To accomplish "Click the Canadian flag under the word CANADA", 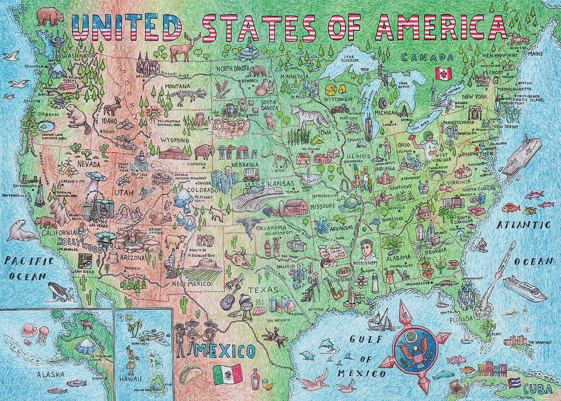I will pyautogui.click(x=443, y=73).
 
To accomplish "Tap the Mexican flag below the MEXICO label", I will pyautogui.click(x=228, y=374).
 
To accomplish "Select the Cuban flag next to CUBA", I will pyautogui.click(x=515, y=383).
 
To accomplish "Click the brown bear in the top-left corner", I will pyautogui.click(x=50, y=16).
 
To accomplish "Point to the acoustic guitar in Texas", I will pyautogui.click(x=227, y=299).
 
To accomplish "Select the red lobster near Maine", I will pyautogui.click(x=520, y=39).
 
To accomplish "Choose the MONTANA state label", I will pyautogui.click(x=177, y=87).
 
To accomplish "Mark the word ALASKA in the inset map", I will pyautogui.click(x=51, y=374).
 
